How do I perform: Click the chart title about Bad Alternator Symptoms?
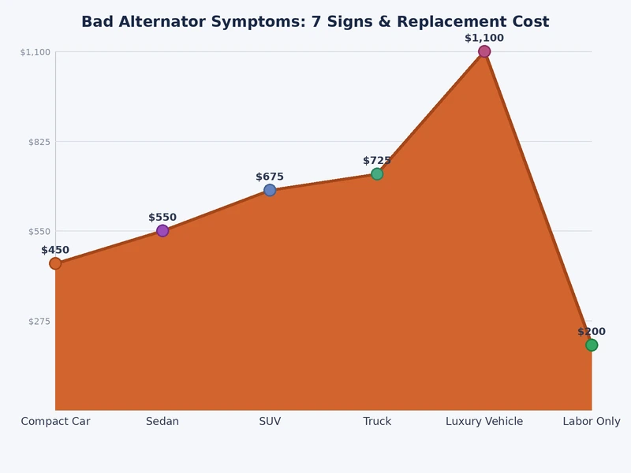pyautogui.click(x=315, y=22)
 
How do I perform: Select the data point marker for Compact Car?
pyautogui.click(x=55, y=263)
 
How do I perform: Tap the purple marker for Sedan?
pyautogui.click(x=162, y=231)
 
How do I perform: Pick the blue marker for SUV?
pyautogui.click(x=270, y=190)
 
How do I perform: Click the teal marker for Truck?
pyautogui.click(x=377, y=173)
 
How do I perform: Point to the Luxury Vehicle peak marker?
pyautogui.click(x=484, y=51)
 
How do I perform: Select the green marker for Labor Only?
pyautogui.click(x=592, y=345)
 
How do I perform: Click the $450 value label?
pyautogui.click(x=55, y=250)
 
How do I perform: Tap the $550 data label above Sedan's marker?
pyautogui.click(x=162, y=218)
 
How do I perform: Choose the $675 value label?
pyautogui.click(x=270, y=177)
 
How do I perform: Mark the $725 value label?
pyautogui.click(x=377, y=160)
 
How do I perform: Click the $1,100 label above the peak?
pyautogui.click(x=484, y=38)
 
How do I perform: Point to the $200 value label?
pyautogui.click(x=592, y=332)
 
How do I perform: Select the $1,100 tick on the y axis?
pyautogui.click(x=35, y=52)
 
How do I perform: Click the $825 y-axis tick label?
pyautogui.click(x=39, y=142)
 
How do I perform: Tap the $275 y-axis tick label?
pyautogui.click(x=39, y=321)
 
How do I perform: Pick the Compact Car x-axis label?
pyautogui.click(x=55, y=422)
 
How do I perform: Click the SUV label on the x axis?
pyautogui.click(x=270, y=422)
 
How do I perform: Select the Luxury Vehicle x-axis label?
pyautogui.click(x=484, y=422)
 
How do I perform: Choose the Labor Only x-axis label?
pyautogui.click(x=592, y=422)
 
